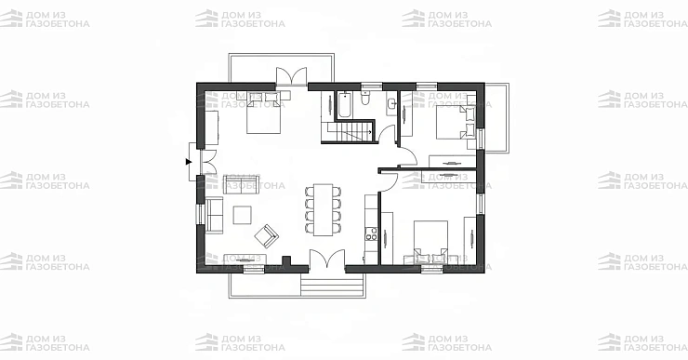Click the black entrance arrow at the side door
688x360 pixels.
click(189, 162)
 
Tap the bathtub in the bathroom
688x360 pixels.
click(344, 105)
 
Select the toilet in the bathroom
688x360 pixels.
click(365, 99)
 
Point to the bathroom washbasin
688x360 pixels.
click(391, 103)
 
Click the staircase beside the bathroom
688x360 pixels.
click(347, 133)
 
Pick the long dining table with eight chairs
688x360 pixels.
click(324, 210)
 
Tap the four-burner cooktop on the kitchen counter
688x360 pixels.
click(371, 234)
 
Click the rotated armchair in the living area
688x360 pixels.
click(266, 235)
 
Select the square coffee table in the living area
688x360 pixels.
click(243, 215)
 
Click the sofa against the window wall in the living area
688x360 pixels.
click(214, 215)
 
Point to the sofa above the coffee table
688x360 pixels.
click(242, 184)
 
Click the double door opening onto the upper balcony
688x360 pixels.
click(291, 76)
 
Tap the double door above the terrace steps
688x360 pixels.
click(327, 259)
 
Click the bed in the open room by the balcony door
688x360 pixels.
click(263, 113)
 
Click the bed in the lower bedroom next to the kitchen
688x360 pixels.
click(431, 243)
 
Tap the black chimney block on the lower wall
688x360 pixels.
click(287, 261)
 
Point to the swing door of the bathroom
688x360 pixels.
click(387, 133)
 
